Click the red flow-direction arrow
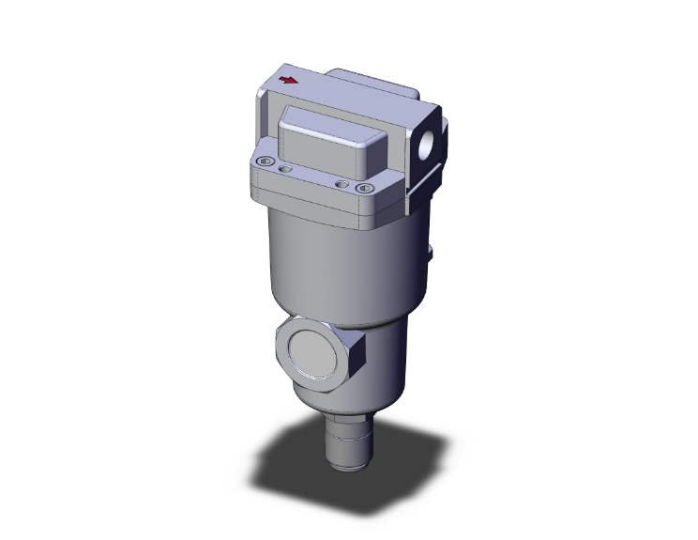(289, 80)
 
